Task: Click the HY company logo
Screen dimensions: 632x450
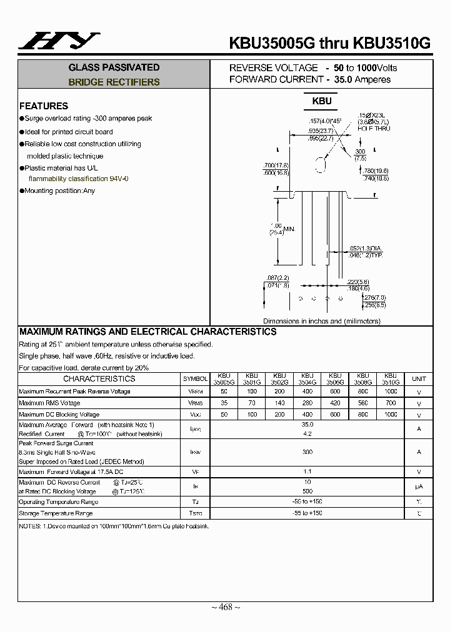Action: point(59,42)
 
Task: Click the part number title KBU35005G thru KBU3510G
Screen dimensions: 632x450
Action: point(330,43)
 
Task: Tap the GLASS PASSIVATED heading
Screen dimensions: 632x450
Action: point(114,67)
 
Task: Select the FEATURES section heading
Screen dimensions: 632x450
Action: point(44,106)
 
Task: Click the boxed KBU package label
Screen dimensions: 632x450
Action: point(322,101)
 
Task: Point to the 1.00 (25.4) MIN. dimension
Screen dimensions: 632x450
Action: point(279,229)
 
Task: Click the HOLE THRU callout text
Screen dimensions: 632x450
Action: point(374,128)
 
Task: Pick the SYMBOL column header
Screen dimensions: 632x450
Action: point(195,379)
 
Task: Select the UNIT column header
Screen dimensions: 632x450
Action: point(419,379)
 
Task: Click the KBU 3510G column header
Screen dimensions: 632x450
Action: point(391,379)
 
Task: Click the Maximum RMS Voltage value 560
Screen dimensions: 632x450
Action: point(362,403)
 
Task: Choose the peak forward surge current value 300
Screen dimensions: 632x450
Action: point(307,452)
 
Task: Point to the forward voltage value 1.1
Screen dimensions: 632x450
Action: point(307,472)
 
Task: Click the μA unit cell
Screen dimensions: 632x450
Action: point(419,486)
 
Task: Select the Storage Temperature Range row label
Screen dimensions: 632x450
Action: point(56,513)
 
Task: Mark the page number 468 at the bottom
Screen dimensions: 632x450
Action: point(224,607)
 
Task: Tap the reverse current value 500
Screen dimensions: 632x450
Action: point(307,491)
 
